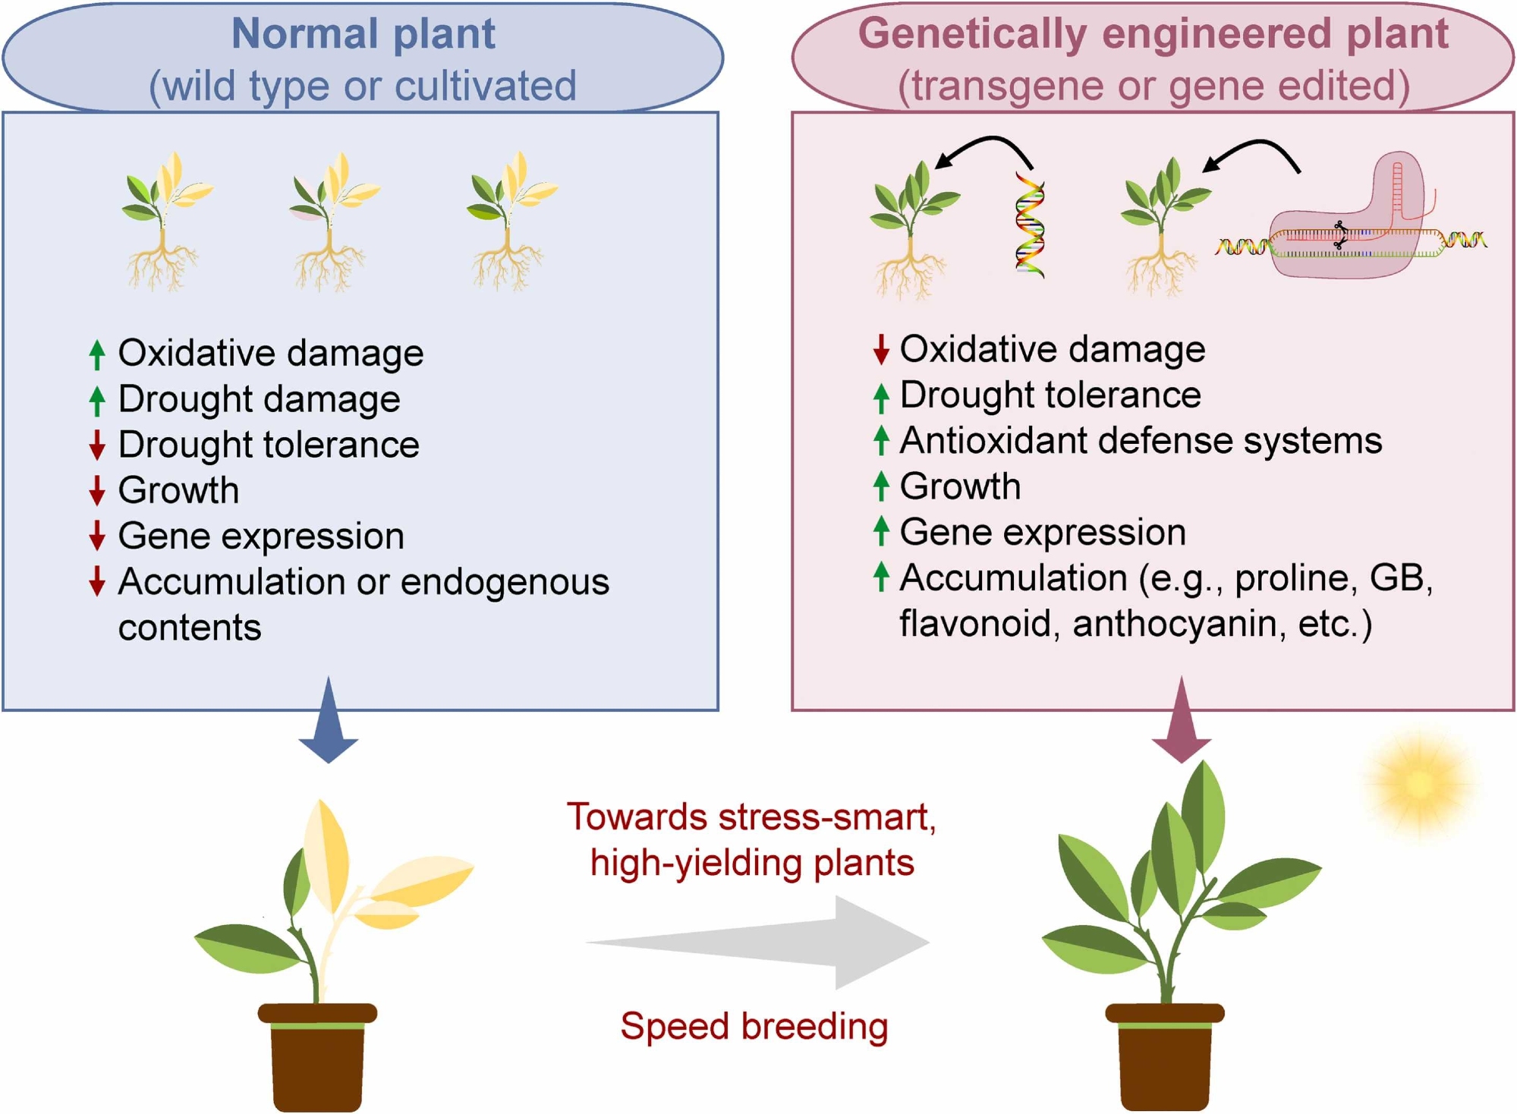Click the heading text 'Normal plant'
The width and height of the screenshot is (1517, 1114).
363,34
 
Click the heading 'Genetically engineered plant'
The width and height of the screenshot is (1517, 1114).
1153,34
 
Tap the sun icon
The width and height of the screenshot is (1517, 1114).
1418,785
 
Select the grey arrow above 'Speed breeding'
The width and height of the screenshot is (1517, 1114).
759,942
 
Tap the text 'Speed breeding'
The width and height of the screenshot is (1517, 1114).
754,1026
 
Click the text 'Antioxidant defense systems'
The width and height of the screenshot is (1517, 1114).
1141,441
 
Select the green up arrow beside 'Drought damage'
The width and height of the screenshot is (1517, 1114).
96,400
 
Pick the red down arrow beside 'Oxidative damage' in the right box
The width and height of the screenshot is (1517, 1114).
880,349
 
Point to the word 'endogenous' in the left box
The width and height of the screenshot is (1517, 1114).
505,582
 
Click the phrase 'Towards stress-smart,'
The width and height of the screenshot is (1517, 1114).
751,817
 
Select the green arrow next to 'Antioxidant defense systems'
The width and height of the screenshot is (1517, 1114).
880,441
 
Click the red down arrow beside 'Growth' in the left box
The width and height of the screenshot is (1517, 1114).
96,491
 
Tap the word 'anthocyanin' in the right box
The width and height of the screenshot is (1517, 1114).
1179,624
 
